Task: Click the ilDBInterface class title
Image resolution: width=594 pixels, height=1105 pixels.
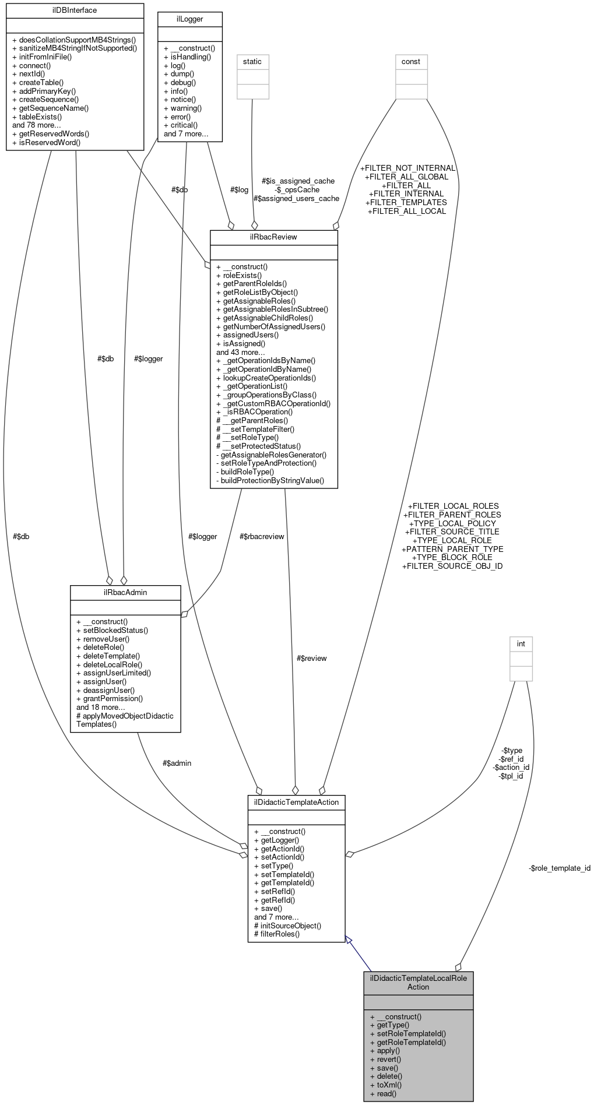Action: pyautogui.click(x=75, y=10)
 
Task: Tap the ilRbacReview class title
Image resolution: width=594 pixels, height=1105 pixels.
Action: pyautogui.click(x=273, y=238)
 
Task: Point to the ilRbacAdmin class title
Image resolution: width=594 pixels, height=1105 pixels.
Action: pyautogui.click(x=125, y=593)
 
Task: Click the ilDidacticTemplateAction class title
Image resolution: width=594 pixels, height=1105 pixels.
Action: pyautogui.click(x=296, y=803)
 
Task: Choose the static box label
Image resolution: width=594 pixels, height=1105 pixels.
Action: pyautogui.click(x=252, y=61)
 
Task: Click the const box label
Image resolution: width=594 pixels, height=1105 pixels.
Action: pyautogui.click(x=411, y=61)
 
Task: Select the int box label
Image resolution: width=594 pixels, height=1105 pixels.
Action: pyautogui.click(x=521, y=643)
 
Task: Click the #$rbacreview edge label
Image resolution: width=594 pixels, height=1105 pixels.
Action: pyautogui.click(x=262, y=536)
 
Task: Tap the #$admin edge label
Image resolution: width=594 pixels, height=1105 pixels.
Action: pyautogui.click(x=177, y=763)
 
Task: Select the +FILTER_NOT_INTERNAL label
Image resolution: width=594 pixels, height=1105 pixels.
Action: pyautogui.click(x=407, y=168)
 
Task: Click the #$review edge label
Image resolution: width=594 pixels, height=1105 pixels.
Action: pyautogui.click(x=311, y=658)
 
